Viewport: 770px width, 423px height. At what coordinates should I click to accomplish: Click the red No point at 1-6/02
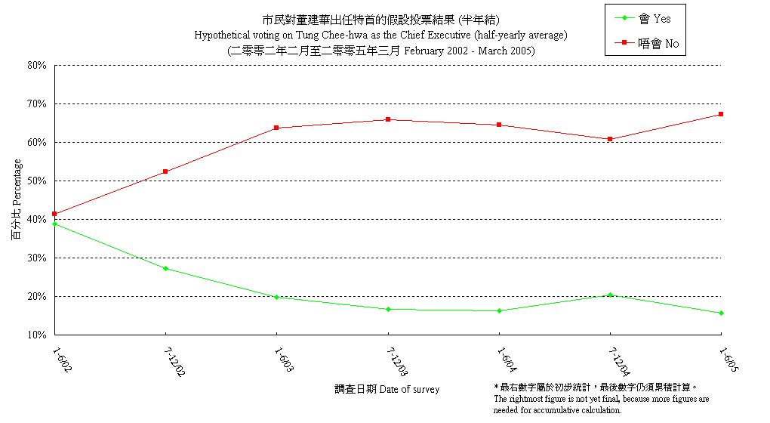54,214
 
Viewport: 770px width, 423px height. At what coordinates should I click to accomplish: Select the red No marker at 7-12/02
165,171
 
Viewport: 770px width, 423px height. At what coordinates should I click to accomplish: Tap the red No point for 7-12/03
388,119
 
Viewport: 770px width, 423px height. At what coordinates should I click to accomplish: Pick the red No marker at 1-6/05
722,114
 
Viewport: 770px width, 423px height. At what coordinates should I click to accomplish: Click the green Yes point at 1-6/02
54,224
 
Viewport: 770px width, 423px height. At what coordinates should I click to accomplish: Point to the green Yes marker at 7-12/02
165,268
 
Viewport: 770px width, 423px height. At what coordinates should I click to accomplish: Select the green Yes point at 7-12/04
610,295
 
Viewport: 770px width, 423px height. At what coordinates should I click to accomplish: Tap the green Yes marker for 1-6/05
722,313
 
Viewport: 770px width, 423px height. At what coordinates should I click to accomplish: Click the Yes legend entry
642,19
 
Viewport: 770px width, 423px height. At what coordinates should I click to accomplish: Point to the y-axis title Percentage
17,199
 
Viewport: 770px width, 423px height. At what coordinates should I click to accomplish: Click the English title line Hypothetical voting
380,36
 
